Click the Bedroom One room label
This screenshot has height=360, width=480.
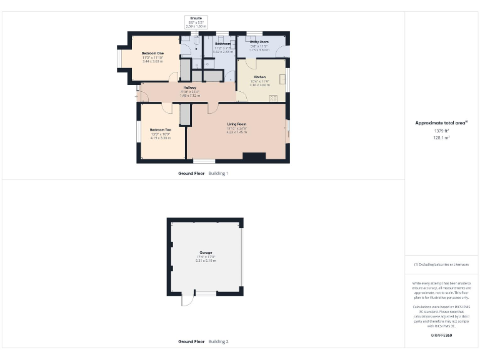coord(152,54)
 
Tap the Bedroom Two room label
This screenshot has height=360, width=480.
coord(161,129)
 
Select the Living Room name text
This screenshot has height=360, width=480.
coord(236,124)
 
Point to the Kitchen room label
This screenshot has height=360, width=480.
coord(259,77)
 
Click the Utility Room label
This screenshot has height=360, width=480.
coord(259,42)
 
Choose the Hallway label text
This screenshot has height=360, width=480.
coord(190,87)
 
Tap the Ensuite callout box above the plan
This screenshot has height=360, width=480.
coord(195,22)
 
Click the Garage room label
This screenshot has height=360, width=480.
coord(206,252)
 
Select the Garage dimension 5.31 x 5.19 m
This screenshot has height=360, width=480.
coord(206,261)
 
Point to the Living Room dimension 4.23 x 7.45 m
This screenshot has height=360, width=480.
coord(236,132)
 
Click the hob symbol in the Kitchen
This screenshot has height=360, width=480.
coord(274,98)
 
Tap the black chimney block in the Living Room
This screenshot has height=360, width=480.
coord(254,157)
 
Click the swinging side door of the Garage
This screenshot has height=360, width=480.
coord(186,301)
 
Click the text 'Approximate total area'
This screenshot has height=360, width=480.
coord(441,123)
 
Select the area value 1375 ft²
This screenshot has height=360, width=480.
coord(441,131)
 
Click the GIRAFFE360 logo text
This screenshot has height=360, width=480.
coord(441,336)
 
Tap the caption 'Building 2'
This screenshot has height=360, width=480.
coord(218,342)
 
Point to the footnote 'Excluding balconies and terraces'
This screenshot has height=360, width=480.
coord(441,264)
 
